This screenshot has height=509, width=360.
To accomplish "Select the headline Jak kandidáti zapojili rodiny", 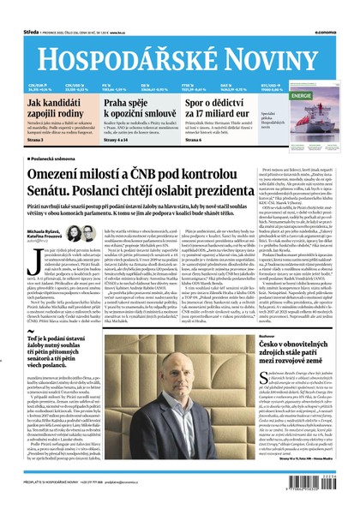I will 54,109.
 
